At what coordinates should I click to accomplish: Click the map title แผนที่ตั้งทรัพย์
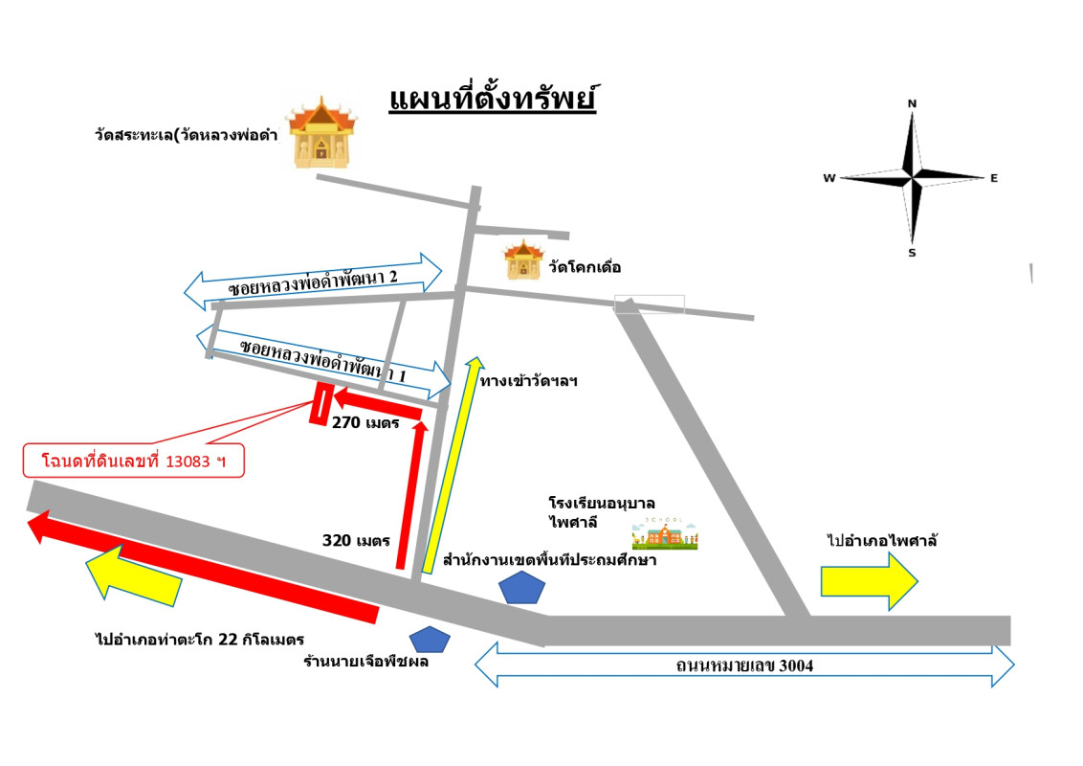tap(493, 100)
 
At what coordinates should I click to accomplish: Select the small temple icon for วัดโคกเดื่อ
tap(523, 259)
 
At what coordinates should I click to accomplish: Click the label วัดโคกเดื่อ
tap(585, 267)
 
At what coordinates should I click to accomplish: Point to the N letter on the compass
tap(912, 103)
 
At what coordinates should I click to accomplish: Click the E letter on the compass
tap(994, 178)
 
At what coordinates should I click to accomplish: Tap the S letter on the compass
tap(912, 253)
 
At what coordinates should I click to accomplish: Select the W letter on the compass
tap(829, 178)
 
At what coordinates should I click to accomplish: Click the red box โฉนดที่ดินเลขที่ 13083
tap(134, 460)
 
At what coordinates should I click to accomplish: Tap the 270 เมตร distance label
tap(365, 421)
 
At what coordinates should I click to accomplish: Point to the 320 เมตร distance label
tap(356, 540)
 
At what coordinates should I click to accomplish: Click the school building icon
tap(664, 534)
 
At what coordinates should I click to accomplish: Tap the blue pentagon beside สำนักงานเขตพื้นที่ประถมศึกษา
tap(521, 587)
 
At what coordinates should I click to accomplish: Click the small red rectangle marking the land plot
tap(320, 404)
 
